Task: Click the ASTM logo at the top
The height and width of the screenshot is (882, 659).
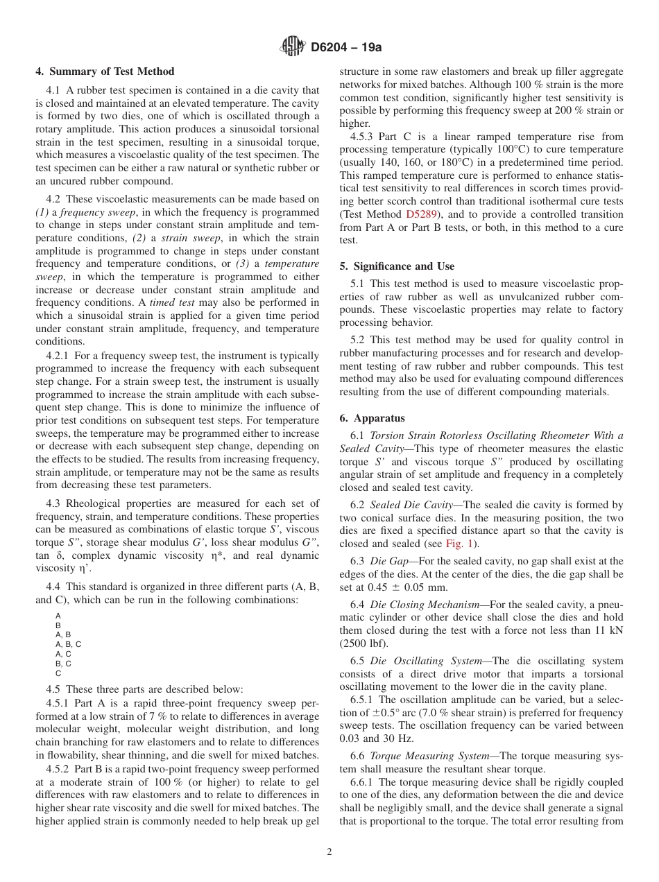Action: [x=292, y=46]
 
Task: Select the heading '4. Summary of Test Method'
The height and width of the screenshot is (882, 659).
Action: [x=105, y=71]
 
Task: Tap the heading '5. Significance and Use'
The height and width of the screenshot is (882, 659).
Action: [x=397, y=266]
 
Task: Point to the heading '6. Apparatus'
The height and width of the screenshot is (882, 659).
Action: [x=373, y=418]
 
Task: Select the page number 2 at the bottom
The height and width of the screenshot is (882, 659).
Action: [x=329, y=852]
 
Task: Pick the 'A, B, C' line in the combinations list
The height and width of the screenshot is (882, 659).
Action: [x=68, y=644]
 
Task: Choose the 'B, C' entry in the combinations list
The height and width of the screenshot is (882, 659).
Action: [x=63, y=664]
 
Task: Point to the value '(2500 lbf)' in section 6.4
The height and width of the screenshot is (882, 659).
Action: [x=362, y=643]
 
